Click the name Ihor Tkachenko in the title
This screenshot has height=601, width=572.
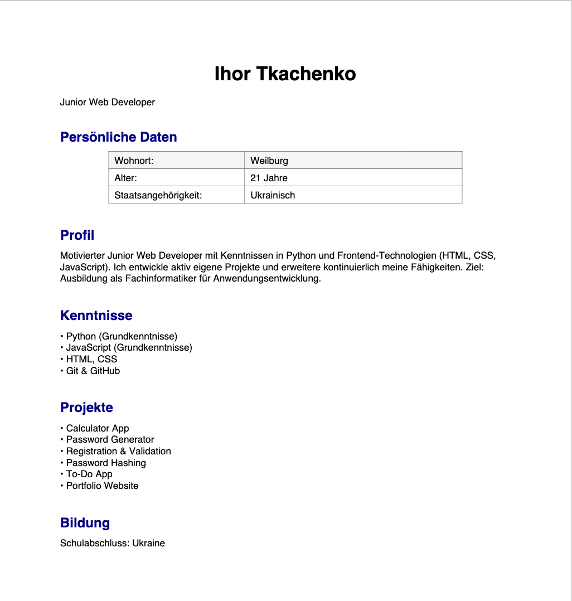click(x=285, y=74)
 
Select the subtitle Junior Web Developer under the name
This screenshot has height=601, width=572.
click(x=108, y=102)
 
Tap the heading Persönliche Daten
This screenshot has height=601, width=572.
click(x=119, y=137)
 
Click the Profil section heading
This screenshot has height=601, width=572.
click(x=77, y=235)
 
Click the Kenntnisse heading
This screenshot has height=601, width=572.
click(x=96, y=316)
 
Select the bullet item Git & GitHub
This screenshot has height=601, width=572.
click(x=93, y=371)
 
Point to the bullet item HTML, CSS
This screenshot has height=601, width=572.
click(x=91, y=359)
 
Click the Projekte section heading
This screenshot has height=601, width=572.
click(x=86, y=408)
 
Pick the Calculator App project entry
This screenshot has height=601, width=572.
click(x=98, y=428)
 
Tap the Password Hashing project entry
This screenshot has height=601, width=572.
click(x=106, y=463)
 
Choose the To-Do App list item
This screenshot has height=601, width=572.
click(x=89, y=474)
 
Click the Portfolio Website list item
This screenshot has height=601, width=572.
click(x=102, y=486)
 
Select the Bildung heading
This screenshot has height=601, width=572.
click(x=85, y=523)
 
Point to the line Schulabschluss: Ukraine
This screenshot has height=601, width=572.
click(x=113, y=543)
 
